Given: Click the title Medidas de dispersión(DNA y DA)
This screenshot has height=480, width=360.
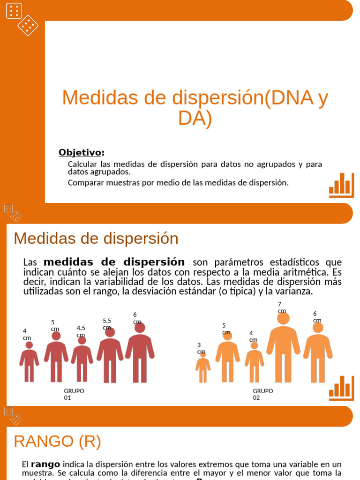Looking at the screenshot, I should (x=195, y=108).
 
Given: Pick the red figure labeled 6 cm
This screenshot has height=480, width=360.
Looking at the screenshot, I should (x=140, y=354).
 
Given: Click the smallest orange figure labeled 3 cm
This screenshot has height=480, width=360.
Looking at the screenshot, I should (x=203, y=368).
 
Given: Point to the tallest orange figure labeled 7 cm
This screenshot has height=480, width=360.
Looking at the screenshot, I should (x=283, y=349).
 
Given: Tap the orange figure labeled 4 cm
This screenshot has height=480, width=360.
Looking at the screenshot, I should (x=254, y=363).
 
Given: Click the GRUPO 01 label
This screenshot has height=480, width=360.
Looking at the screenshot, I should (x=74, y=394).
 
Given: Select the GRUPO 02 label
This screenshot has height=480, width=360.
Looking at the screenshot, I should (x=262, y=394).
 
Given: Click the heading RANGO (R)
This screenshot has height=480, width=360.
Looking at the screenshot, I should (x=57, y=441).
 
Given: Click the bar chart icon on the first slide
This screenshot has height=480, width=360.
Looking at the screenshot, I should (x=341, y=185).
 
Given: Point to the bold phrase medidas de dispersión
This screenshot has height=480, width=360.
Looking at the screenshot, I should (x=114, y=262).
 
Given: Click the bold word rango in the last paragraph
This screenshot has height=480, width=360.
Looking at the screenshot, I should (x=45, y=464).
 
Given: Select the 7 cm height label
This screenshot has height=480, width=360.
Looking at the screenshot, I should (x=281, y=307).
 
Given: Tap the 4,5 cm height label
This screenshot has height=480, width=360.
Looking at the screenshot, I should (x=81, y=331).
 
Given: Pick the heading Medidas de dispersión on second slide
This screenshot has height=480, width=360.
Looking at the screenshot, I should (x=96, y=238).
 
